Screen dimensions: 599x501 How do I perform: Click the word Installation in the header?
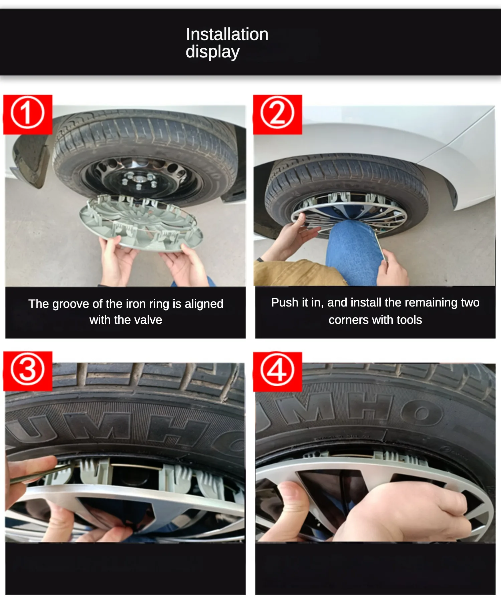pos(227,34)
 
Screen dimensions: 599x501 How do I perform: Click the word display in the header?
pos(212,52)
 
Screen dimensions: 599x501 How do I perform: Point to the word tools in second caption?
pos(409,320)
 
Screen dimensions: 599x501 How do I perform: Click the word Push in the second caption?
pos(284,302)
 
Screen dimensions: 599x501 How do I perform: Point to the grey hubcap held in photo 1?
pos(140,222)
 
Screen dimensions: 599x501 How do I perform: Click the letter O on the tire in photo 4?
pos(422,413)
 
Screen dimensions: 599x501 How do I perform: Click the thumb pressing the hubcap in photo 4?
pos(294,501)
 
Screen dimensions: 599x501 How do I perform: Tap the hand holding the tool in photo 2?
pos(394,269)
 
